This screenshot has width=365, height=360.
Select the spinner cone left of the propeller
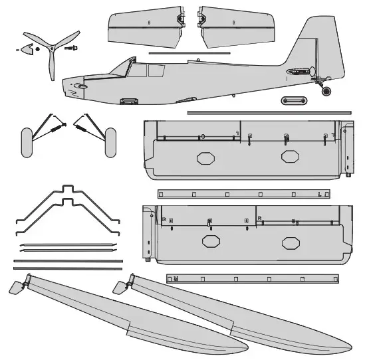[x=27, y=48]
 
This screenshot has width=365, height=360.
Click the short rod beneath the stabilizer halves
[x=189, y=53]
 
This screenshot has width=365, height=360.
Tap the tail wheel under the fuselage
[x=326, y=90]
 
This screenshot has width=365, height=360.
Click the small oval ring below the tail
[x=293, y=100]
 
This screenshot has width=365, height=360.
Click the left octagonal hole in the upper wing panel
[x=203, y=159]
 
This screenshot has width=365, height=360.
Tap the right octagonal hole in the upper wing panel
[x=289, y=157]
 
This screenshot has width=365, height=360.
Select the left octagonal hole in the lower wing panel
[x=211, y=242]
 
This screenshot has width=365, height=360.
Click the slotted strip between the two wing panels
[x=243, y=195]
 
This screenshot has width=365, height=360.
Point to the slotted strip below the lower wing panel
[x=252, y=279]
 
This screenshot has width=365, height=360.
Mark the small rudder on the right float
[x=120, y=288]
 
